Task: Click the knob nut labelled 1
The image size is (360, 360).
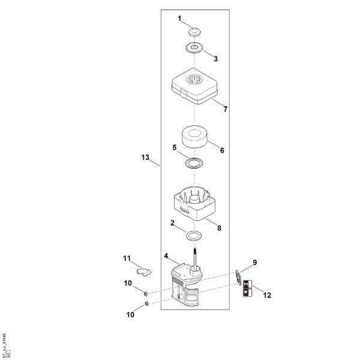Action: click(x=193, y=31)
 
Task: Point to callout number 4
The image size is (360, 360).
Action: click(x=166, y=256)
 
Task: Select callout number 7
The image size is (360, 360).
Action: click(x=225, y=109)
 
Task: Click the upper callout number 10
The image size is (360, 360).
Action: click(x=128, y=283)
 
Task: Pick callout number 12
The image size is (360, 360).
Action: click(x=268, y=295)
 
